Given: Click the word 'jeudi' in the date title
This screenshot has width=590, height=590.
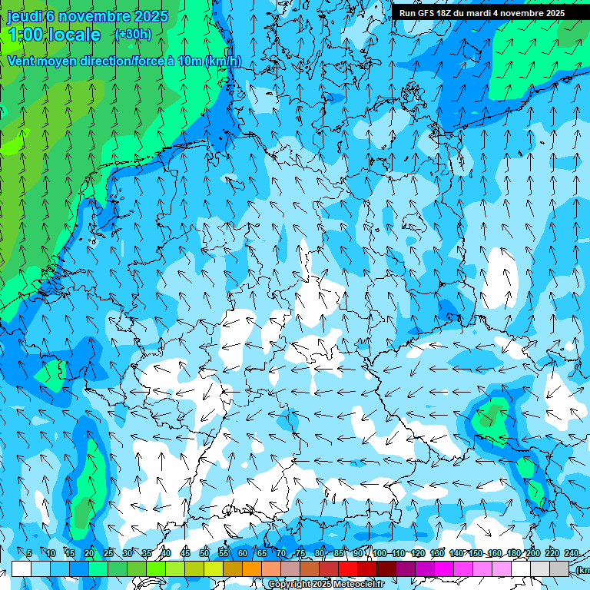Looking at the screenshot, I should pos(25,16).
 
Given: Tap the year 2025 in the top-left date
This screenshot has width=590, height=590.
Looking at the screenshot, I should pos(151,16).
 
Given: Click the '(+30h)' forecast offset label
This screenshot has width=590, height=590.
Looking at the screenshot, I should pos(133,34).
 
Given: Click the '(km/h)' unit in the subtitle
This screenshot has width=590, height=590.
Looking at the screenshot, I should pos(224,61).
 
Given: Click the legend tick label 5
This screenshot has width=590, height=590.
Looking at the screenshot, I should pos(29,554).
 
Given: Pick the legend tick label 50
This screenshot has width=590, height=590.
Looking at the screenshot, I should pos(204,554).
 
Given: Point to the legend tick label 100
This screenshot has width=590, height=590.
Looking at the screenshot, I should pos(380,554).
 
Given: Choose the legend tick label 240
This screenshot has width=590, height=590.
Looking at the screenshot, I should pos(572,554).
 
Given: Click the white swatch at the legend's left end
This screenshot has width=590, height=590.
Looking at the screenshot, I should pos(22,568).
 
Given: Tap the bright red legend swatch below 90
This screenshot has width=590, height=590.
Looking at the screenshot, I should pos(348,568).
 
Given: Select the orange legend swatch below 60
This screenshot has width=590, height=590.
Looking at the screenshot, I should pos(233,568).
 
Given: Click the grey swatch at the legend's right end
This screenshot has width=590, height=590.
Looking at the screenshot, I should pos(559,568).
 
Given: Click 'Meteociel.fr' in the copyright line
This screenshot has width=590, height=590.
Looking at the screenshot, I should pos(358,585).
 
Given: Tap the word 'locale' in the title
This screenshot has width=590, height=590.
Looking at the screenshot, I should pos(75,35).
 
